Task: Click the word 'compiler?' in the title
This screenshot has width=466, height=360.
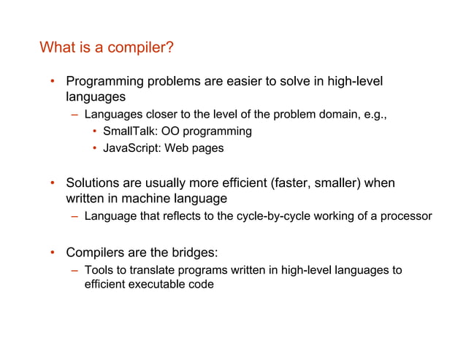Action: tap(139, 48)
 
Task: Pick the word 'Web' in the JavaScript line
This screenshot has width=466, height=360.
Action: tap(177, 148)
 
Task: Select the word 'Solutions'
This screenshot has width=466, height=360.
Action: tap(93, 183)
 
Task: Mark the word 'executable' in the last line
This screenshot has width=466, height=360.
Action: tap(161, 284)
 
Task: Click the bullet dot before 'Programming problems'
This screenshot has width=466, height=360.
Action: tap(52, 81)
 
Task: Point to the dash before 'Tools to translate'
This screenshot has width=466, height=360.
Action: tap(75, 270)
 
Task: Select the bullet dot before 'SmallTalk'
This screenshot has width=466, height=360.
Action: tap(95, 131)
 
